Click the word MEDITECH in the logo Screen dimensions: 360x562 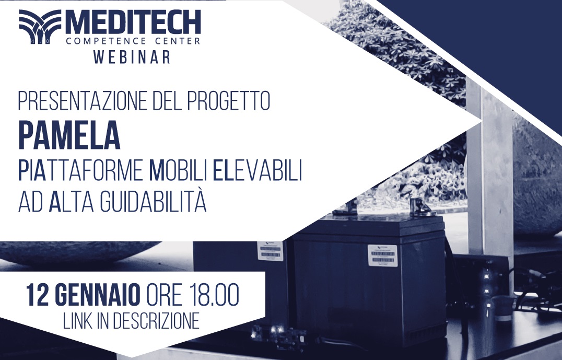133,22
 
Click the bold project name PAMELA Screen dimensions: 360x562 69,134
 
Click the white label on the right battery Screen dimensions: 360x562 382,255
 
